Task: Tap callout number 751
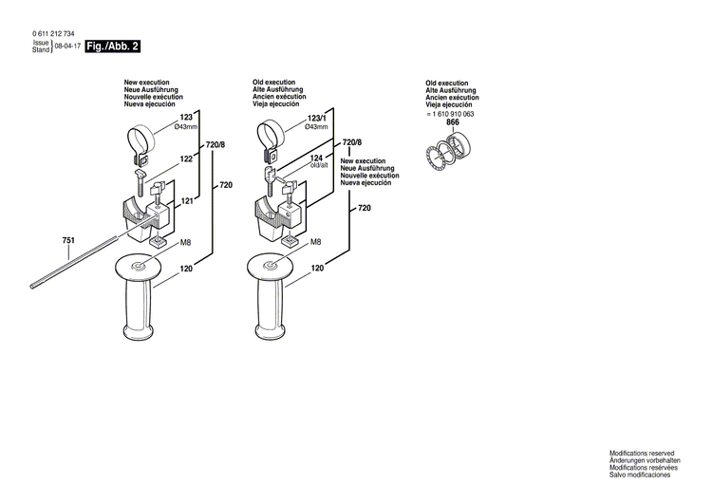tap(68, 240)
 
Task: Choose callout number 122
tap(186, 159)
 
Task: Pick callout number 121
tap(187, 202)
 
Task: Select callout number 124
tap(316, 158)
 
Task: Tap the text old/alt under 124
tap(318, 166)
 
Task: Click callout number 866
tap(452, 123)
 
